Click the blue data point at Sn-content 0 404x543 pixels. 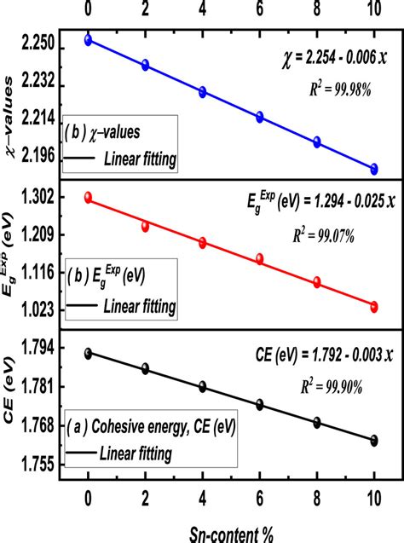(88, 40)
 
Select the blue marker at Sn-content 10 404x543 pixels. (373, 169)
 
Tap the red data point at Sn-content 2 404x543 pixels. (145, 226)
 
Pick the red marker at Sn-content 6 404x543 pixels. (259, 258)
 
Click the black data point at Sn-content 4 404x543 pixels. (202, 386)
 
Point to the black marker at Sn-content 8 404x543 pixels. (316, 422)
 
